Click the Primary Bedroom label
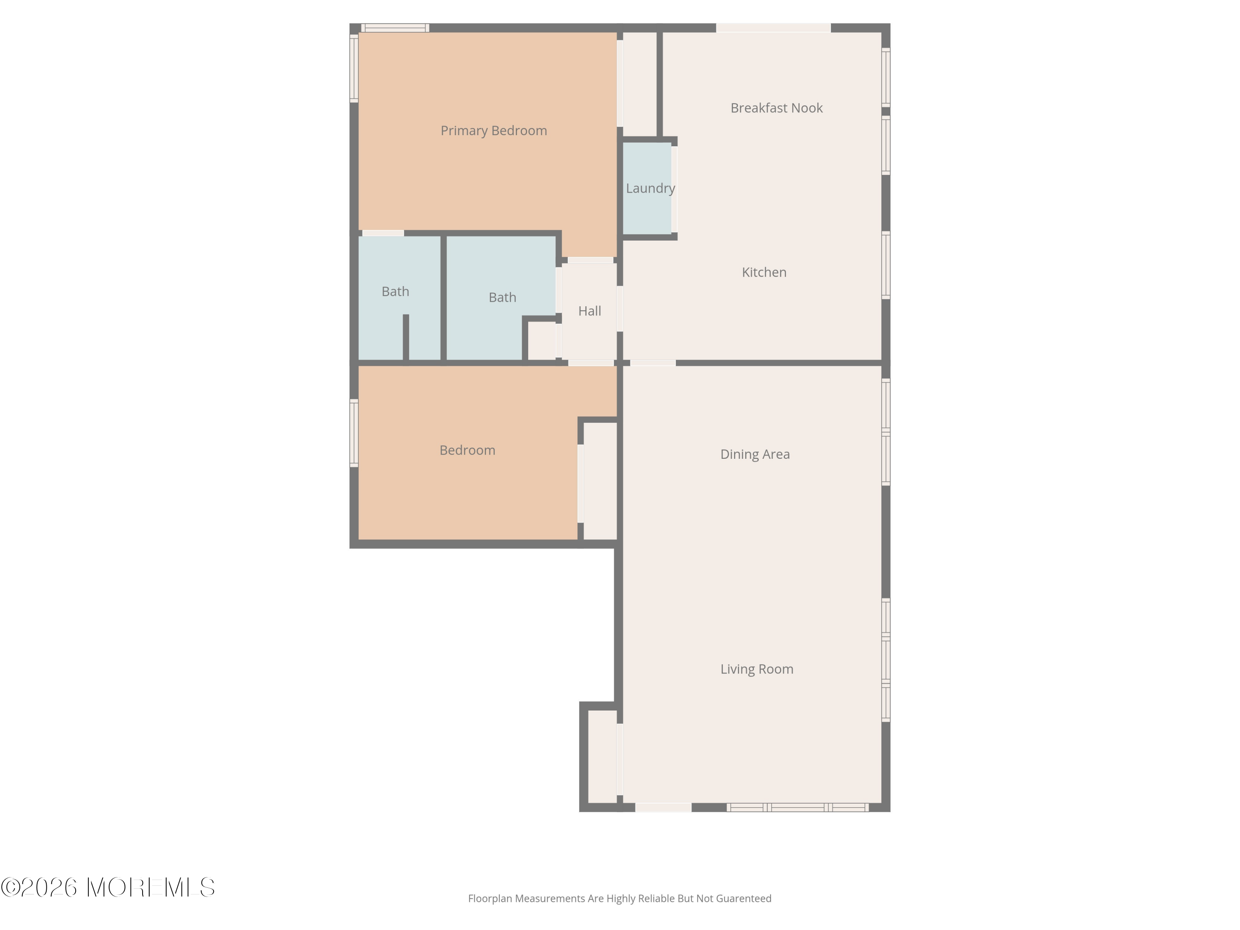493,131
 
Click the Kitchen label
764,272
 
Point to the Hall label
590,311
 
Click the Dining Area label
755,455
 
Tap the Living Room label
757,669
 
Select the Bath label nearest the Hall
502,298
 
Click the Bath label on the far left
395,291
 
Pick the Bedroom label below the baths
467,450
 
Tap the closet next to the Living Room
603,757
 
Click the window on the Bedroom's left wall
354,433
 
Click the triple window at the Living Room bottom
798,808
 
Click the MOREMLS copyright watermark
107,887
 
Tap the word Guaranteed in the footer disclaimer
743,899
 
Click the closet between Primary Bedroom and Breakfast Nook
639,84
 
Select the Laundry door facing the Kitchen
675,189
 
